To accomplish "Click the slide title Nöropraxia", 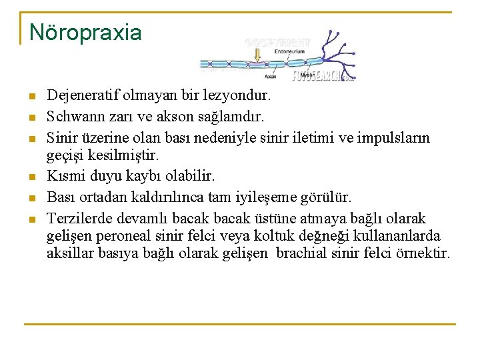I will point(85,32).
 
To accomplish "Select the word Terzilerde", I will point(79,219).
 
